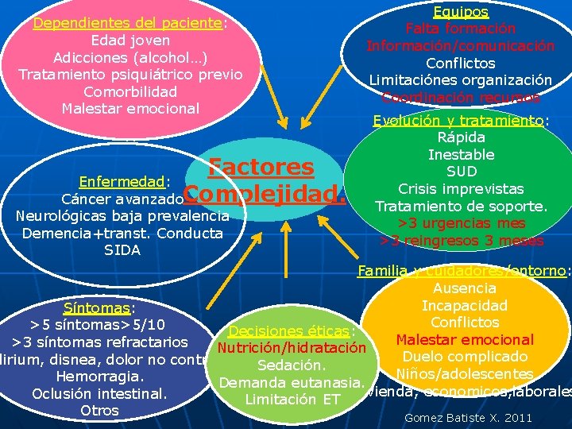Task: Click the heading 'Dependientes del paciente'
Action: (x=127, y=23)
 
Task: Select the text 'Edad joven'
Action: (x=130, y=41)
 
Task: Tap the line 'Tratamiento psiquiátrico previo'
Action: (x=130, y=75)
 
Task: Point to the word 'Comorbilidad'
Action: (x=130, y=91)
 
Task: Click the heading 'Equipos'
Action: (x=461, y=12)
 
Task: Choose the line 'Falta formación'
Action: (x=461, y=29)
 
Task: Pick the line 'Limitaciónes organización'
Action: (x=461, y=80)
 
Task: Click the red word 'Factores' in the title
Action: (x=261, y=167)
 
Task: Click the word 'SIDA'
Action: (x=122, y=250)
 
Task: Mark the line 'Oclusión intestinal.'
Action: (x=99, y=393)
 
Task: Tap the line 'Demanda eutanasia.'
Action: (x=292, y=383)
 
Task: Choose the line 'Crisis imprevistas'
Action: (x=461, y=189)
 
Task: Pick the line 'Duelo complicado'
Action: (x=465, y=357)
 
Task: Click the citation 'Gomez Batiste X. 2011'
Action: (x=468, y=417)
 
